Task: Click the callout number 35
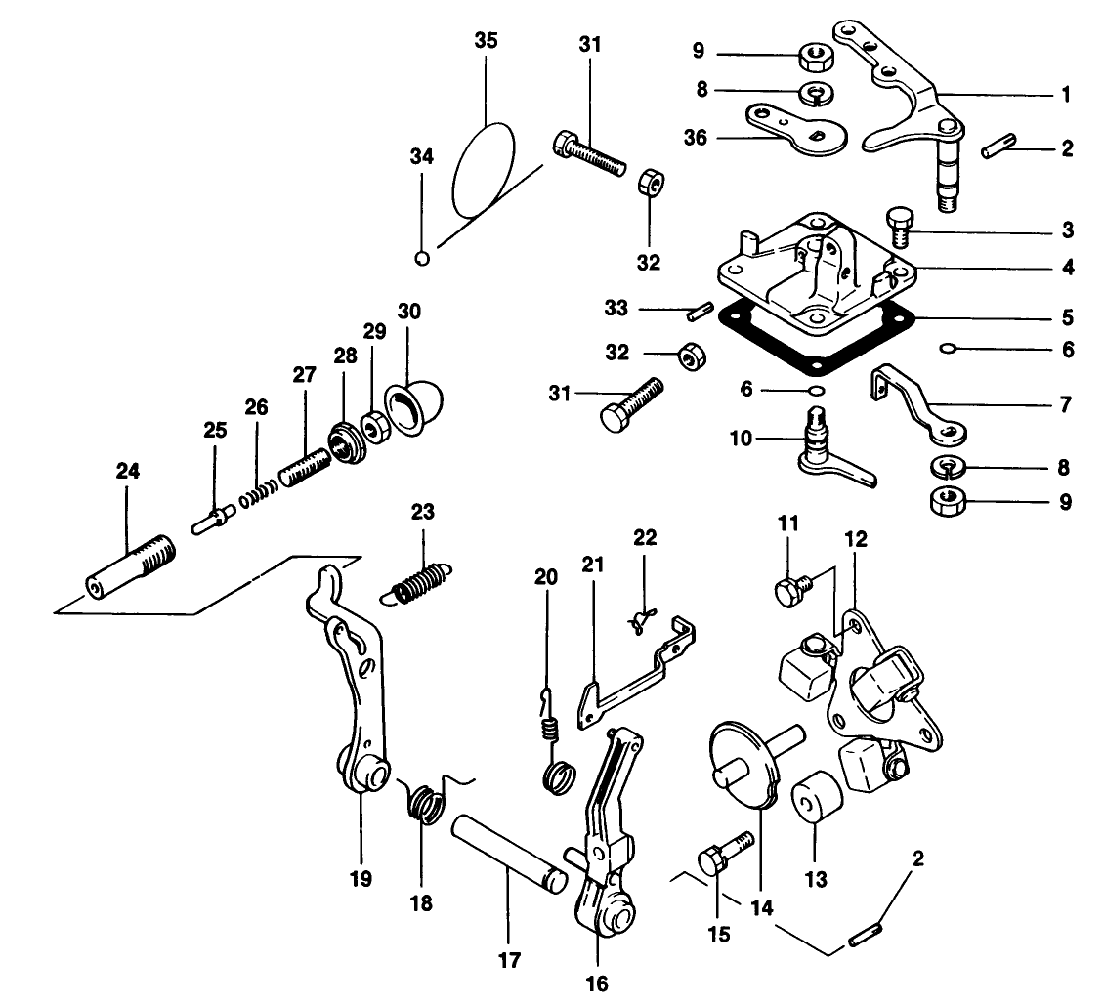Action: [x=486, y=41]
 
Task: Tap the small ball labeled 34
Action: [x=422, y=259]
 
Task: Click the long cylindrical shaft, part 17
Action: [x=507, y=851]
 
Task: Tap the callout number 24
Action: [x=127, y=471]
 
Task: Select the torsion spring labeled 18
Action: [x=425, y=804]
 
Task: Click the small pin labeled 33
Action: [x=696, y=312]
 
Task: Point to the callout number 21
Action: [x=592, y=565]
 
